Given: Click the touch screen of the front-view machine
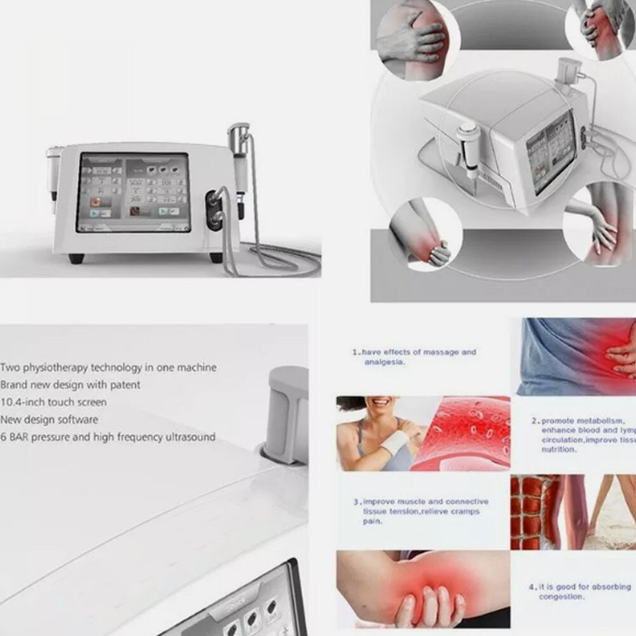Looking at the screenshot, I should click(x=133, y=193).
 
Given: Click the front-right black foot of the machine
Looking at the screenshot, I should click(x=216, y=257).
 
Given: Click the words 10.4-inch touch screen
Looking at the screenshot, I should click(x=54, y=402).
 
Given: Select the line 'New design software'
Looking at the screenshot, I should click(x=49, y=419).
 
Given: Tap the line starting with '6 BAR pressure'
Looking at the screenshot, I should click(x=107, y=437).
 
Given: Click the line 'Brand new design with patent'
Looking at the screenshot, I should click(x=70, y=384).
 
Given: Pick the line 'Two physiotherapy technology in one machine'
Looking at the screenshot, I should click(x=108, y=367).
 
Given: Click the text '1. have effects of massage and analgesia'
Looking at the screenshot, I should click(x=414, y=357).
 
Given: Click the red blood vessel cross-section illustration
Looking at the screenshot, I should click(x=462, y=433).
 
